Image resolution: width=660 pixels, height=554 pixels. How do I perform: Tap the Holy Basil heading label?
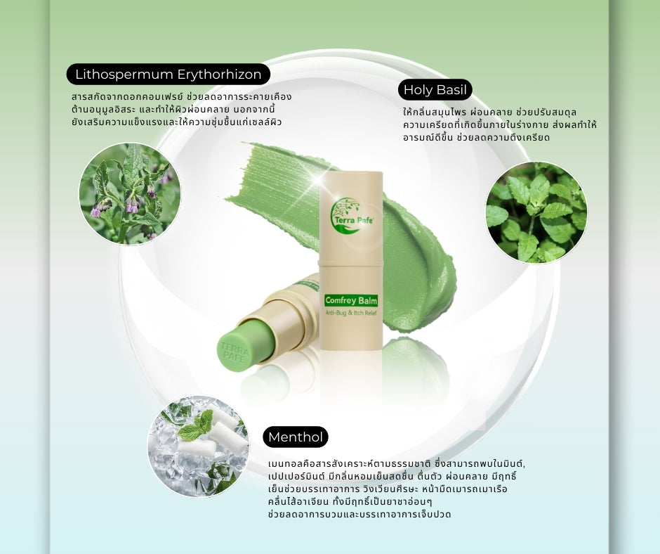(x=435, y=89)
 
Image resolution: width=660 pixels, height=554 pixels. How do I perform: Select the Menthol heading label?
(x=296, y=437)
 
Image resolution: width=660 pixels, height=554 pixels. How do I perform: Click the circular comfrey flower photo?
(x=130, y=193)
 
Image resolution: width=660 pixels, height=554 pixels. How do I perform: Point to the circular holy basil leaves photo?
(x=536, y=212)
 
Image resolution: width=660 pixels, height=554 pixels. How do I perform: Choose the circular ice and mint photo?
(x=199, y=446)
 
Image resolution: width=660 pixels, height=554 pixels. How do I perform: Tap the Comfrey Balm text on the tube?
(x=351, y=300)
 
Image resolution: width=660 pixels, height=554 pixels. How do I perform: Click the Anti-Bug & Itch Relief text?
(x=351, y=312)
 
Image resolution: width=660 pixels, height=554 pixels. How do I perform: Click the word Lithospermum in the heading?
(x=121, y=74)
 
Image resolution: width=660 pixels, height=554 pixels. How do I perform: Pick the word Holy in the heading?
(x=418, y=89)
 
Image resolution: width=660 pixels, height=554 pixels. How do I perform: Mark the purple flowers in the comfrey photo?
(x=99, y=209)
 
